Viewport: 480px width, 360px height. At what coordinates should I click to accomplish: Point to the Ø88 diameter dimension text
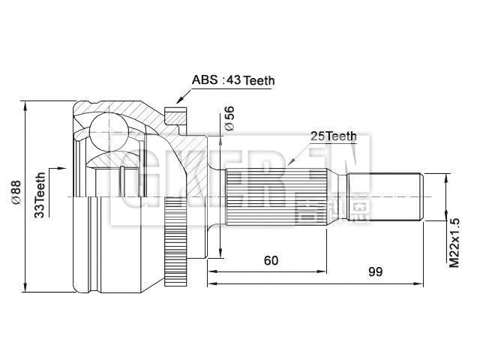pos(15,194)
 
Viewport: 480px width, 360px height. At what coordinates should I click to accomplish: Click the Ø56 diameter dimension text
pos(230,118)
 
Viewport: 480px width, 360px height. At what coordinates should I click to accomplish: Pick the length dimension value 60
pos(271,260)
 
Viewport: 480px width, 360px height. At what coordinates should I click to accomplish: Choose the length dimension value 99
pos(374,271)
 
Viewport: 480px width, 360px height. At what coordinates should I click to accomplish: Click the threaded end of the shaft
pos(386,197)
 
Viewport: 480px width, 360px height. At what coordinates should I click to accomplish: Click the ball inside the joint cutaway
pos(106,130)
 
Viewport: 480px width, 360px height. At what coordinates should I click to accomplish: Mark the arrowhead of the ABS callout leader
pos(178,100)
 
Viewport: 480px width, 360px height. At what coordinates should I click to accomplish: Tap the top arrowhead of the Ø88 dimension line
pos(27,104)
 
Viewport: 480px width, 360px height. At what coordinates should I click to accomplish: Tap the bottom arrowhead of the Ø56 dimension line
pos(219,253)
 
